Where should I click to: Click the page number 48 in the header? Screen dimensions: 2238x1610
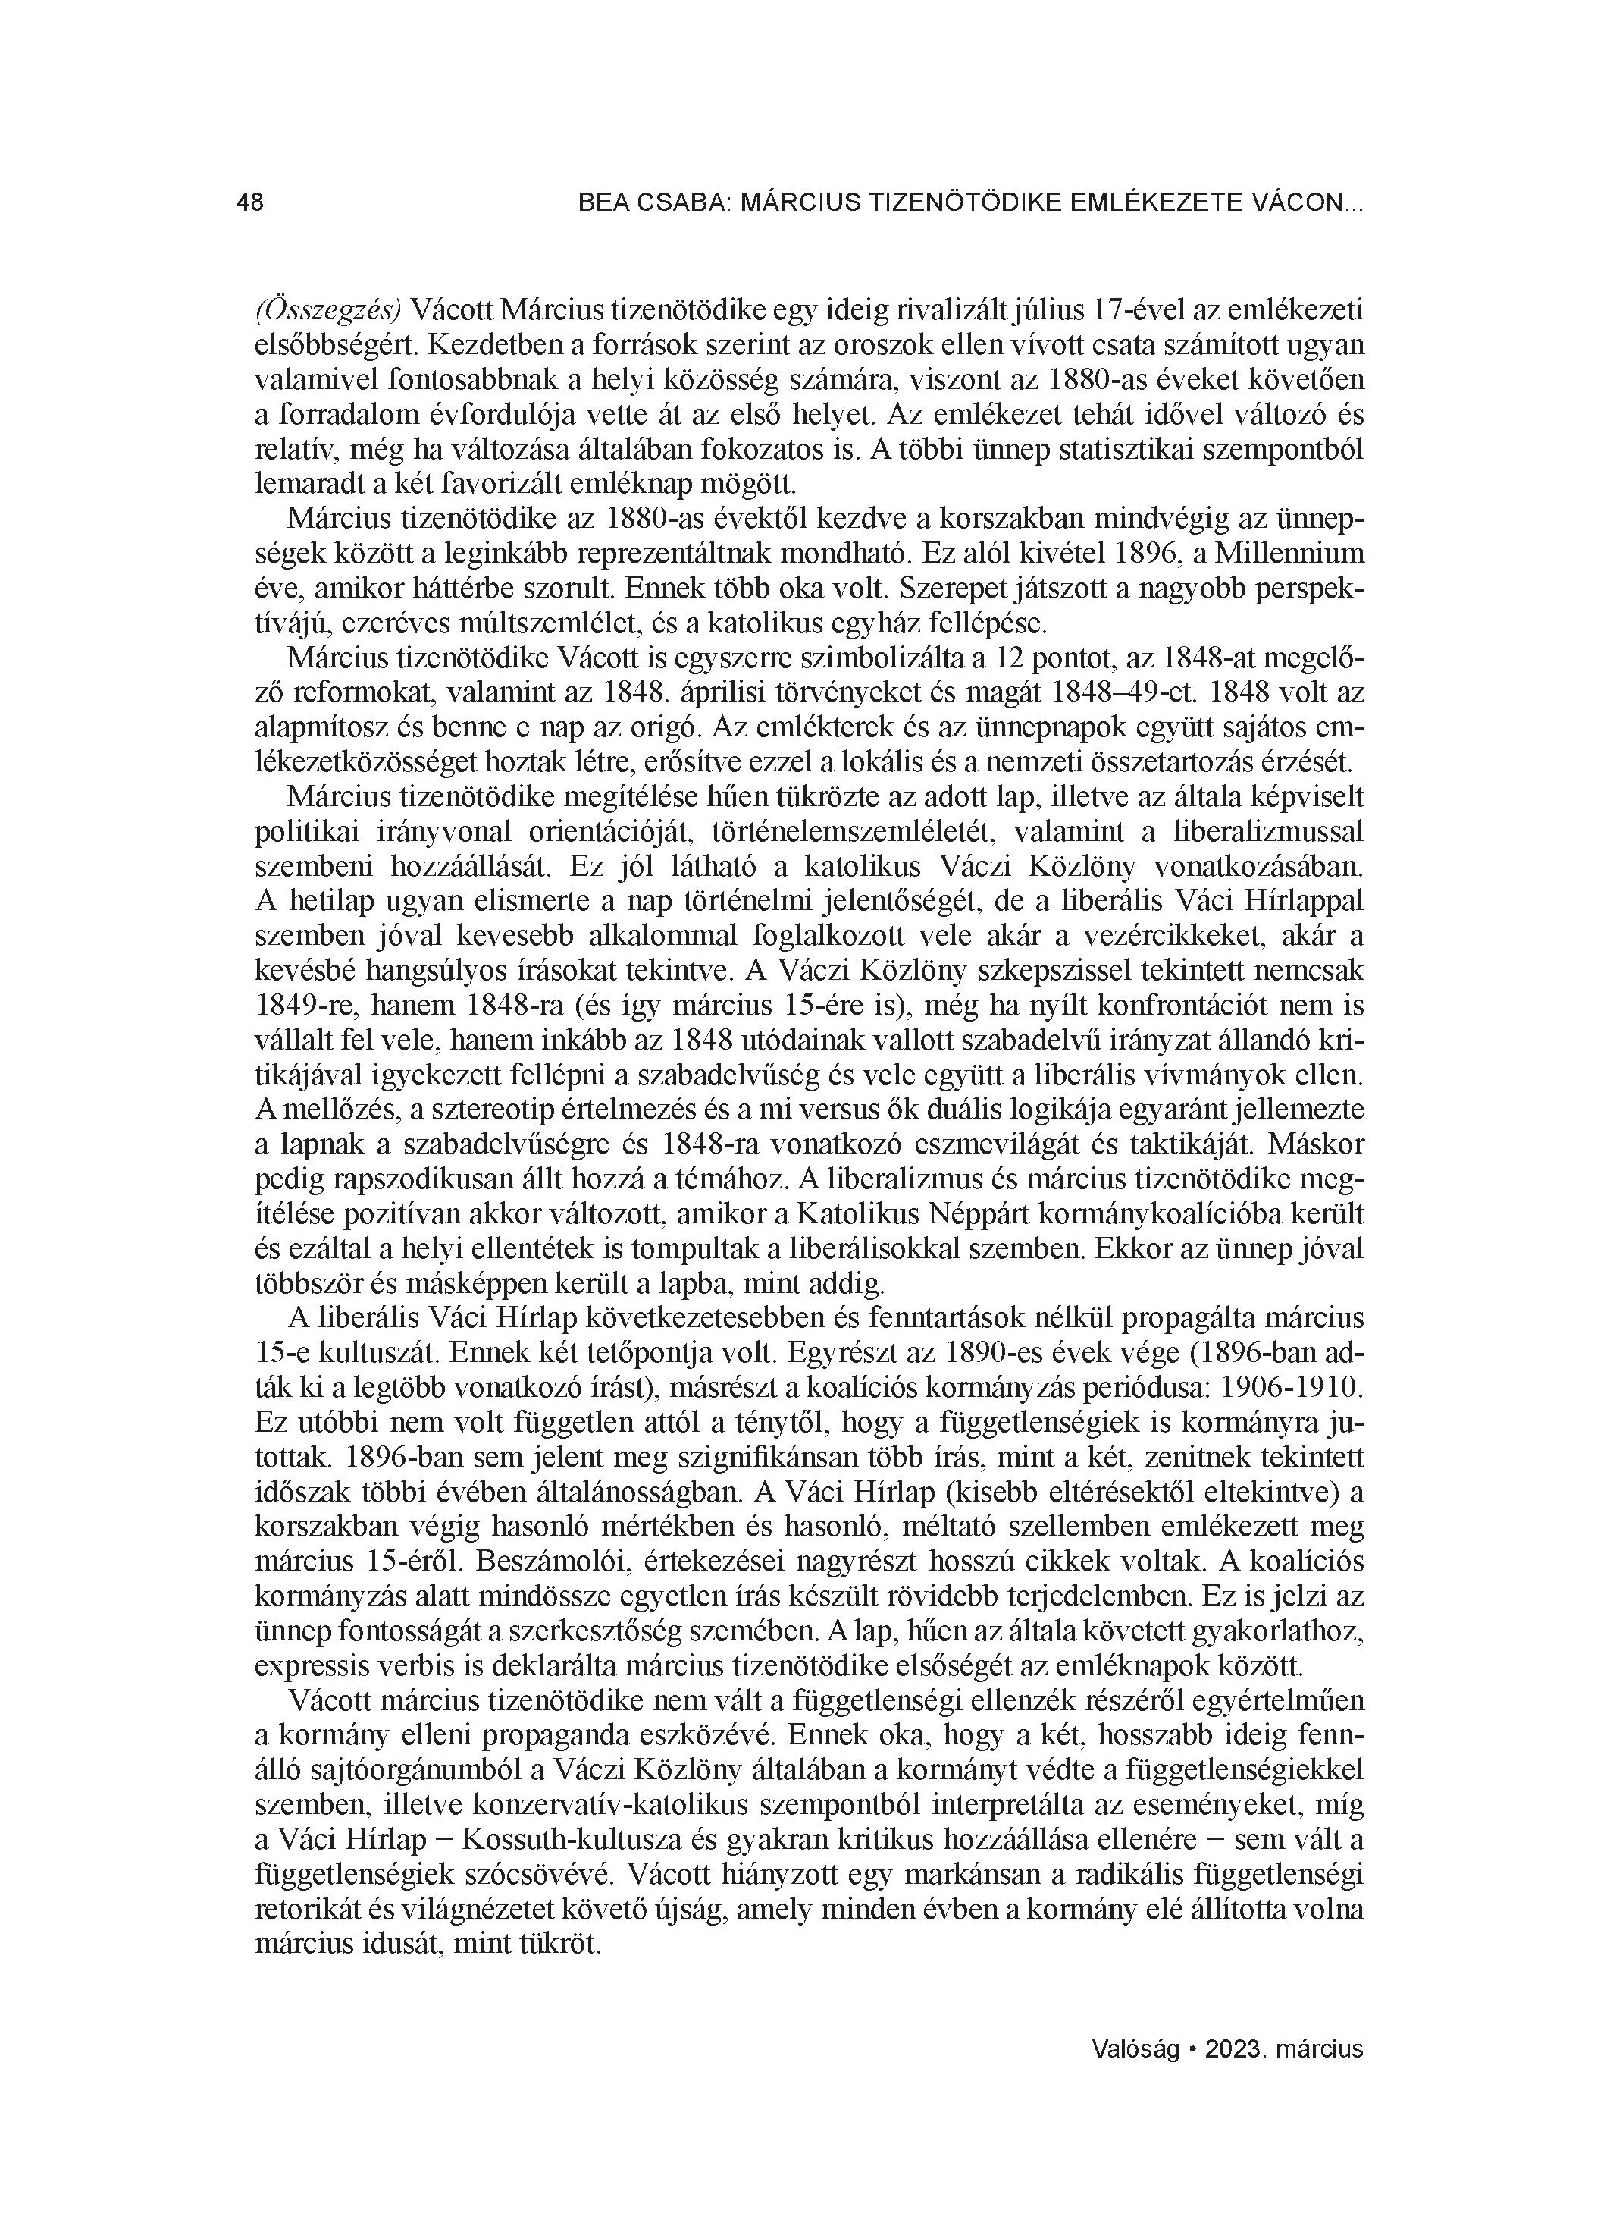coord(251,203)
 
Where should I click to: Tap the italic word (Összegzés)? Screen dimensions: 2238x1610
coord(327,310)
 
